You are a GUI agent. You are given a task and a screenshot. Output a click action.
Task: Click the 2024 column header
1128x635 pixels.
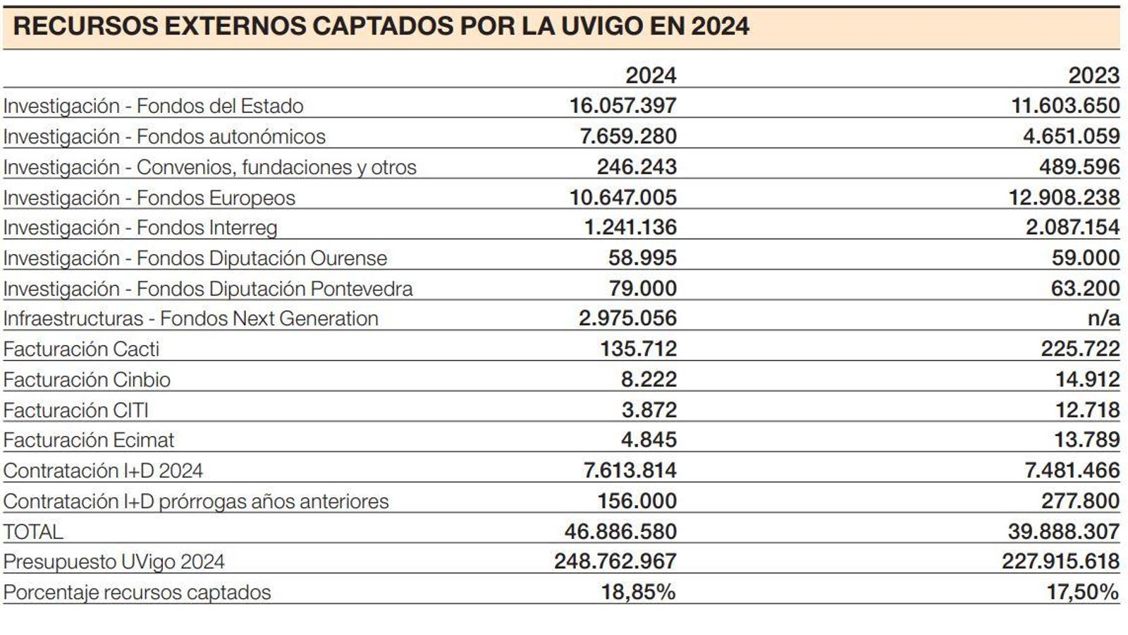650,75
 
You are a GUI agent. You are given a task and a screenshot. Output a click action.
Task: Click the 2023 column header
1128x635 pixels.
1093,75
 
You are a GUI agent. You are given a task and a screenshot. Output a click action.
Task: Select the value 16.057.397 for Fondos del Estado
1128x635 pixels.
623,106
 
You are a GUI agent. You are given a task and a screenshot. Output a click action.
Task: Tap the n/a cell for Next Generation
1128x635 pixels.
1103,318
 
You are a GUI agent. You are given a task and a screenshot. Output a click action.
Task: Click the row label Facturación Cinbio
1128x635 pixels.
87,380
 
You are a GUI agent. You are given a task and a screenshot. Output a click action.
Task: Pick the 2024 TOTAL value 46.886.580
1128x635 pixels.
620,531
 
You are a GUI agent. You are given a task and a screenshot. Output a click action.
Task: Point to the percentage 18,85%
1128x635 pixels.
638,592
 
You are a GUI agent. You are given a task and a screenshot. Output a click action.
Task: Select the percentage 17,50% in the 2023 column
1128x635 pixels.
1082,592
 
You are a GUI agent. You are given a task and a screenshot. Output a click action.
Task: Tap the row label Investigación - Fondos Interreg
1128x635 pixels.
140,228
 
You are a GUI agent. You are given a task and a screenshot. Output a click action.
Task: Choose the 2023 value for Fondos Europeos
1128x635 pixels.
1064,198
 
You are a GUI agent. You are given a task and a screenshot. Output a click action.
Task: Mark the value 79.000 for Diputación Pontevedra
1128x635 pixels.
642,289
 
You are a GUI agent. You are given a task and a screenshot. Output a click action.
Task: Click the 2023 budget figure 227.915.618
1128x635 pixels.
1060,562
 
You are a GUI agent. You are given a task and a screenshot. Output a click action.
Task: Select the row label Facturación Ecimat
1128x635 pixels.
88,440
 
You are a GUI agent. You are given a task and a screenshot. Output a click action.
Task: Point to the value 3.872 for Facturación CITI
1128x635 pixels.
649,410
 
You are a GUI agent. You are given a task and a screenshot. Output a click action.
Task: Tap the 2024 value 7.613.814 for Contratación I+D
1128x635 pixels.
630,471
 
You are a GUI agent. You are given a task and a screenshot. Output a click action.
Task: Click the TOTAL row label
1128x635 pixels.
33,531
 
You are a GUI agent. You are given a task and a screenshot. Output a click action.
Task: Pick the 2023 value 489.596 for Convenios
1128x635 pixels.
1079,167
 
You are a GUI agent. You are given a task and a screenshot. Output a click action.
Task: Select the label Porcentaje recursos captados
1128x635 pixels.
137,592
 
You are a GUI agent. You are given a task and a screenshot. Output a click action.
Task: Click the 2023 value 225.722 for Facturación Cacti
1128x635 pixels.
1080,349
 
